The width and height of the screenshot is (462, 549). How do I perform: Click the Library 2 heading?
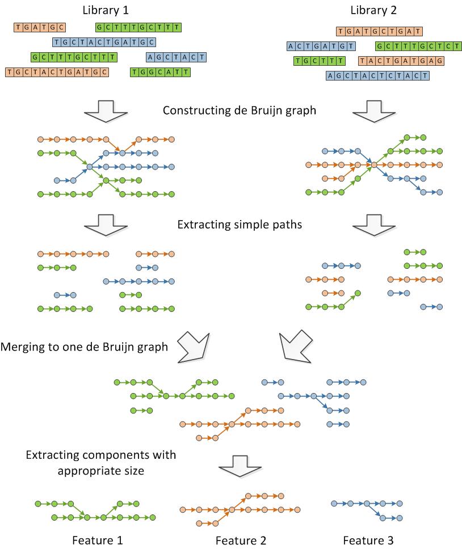coord(374,10)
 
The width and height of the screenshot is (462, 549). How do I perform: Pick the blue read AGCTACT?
coord(176,57)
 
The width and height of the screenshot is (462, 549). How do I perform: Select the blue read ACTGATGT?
coord(321,47)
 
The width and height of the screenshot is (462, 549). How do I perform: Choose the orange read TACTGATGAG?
coord(401,61)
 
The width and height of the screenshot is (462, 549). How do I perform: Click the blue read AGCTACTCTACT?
coord(377,75)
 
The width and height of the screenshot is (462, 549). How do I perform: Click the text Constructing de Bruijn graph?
coord(239,110)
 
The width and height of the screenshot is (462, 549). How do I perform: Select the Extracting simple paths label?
coord(240,225)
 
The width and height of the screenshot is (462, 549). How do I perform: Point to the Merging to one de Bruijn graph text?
coord(85,347)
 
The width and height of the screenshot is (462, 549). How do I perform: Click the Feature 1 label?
coord(97,540)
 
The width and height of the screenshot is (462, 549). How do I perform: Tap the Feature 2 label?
coord(241,540)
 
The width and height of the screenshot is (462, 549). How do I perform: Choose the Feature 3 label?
coord(368,540)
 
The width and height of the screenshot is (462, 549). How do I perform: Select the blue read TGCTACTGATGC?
coord(103,42)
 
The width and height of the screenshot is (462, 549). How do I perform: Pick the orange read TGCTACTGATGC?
coord(56,72)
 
